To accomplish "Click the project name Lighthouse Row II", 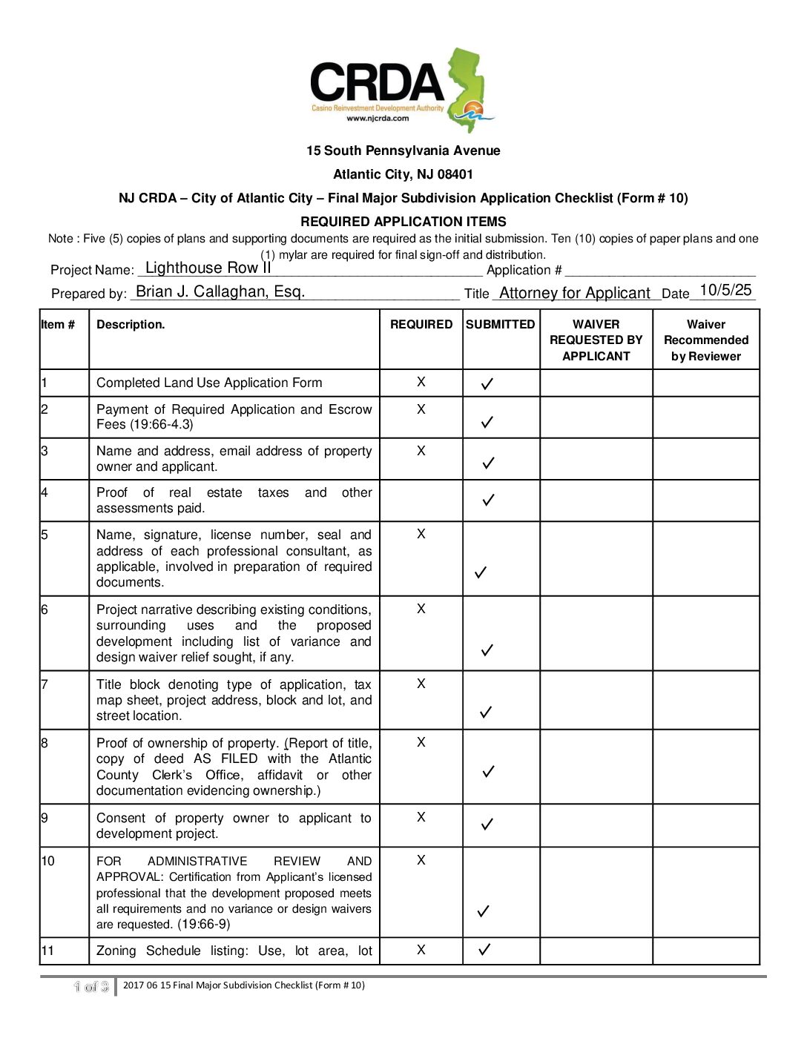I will (x=208, y=268).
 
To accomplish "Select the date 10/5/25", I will (x=725, y=290).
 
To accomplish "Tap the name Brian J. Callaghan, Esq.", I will (x=220, y=291).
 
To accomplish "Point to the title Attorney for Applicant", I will (x=575, y=293).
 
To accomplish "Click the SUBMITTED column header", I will (x=500, y=324).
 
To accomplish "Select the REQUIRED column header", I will (x=421, y=324).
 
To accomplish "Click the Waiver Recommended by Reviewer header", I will (x=705, y=340).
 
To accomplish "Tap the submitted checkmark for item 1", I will (x=487, y=384).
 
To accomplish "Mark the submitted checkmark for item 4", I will (x=488, y=500).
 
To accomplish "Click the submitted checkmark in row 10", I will (x=484, y=911).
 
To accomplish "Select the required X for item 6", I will (x=421, y=609).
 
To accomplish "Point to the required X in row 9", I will (x=421, y=817).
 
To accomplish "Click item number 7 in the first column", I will (x=45, y=684).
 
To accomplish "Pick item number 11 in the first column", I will (x=47, y=951).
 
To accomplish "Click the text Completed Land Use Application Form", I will (x=209, y=383).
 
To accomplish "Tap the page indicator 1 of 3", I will (x=91, y=986).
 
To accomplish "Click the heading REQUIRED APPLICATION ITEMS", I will (x=403, y=222).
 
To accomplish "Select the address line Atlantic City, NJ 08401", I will (x=403, y=174).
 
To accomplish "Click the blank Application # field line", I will (x=659, y=271).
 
